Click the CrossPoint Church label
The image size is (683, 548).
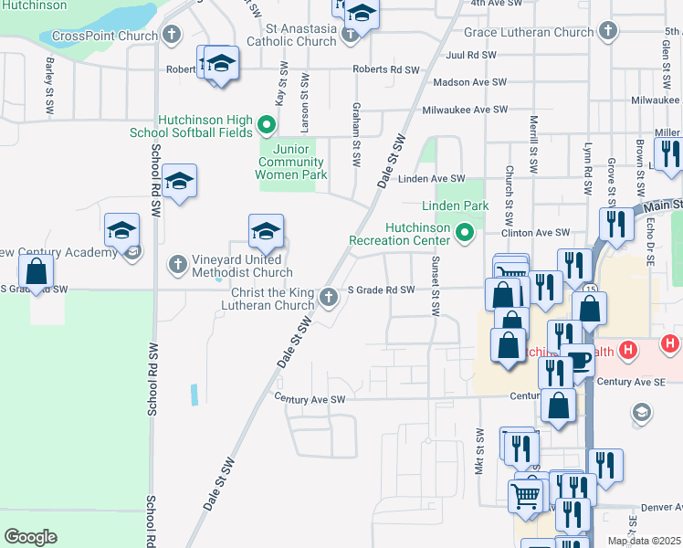(x=105, y=37)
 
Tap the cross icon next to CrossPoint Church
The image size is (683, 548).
(x=172, y=36)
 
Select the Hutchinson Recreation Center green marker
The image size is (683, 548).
(x=465, y=233)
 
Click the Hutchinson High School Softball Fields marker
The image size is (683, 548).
(x=267, y=125)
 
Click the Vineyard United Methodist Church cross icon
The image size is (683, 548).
(x=177, y=265)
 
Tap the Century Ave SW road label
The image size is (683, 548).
(x=310, y=399)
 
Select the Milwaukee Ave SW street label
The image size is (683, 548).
(x=464, y=110)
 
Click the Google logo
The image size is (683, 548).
(x=30, y=537)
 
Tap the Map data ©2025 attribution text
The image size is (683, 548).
(x=644, y=541)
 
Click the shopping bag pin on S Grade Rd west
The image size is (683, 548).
(x=36, y=271)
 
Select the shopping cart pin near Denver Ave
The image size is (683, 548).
(x=526, y=496)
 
